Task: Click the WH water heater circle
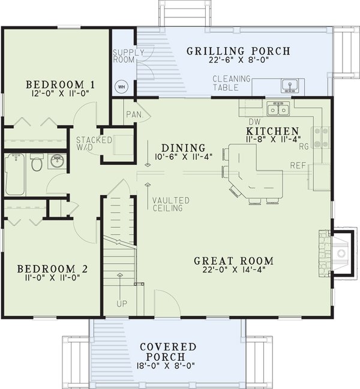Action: (121, 87)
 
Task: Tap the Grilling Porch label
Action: (238, 51)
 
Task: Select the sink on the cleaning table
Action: (289, 86)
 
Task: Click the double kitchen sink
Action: (278, 109)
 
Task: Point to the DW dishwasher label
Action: (255, 122)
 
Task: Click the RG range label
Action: (304, 146)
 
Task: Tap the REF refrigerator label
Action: (298, 165)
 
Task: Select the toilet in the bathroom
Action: (37, 162)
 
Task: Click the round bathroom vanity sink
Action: (57, 161)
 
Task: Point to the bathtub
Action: (15, 174)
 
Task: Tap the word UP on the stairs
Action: (122, 304)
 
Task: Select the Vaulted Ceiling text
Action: (171, 204)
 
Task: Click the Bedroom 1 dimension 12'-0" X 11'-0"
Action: (61, 94)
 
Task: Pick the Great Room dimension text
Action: (234, 269)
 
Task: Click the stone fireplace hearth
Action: (324, 253)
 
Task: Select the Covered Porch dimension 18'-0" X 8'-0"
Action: (166, 366)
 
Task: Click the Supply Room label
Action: (128, 56)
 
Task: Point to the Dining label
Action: (184, 148)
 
